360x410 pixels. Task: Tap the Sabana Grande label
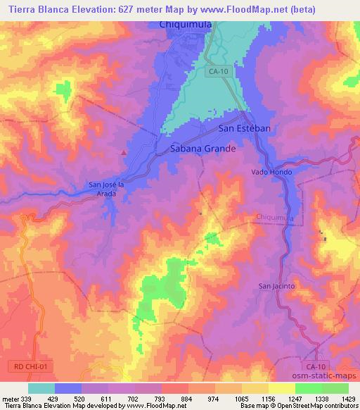(203, 149)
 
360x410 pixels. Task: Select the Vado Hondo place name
(271, 172)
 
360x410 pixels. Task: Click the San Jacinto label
(276, 285)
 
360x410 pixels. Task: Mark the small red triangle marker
(124, 152)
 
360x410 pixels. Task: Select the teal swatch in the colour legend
(41, 388)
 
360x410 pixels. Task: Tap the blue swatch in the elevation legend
(68, 388)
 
